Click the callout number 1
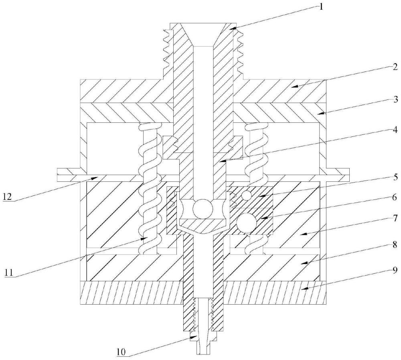(321, 6)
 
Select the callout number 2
(395, 67)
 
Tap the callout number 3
(396, 100)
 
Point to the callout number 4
(395, 130)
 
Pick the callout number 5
(395, 177)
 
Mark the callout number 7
(395, 218)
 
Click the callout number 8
(395, 245)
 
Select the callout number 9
(395, 270)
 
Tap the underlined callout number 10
(122, 352)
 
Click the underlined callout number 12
(7, 197)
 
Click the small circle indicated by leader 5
(247, 195)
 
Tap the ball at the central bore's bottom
(203, 209)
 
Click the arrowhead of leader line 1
(232, 28)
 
